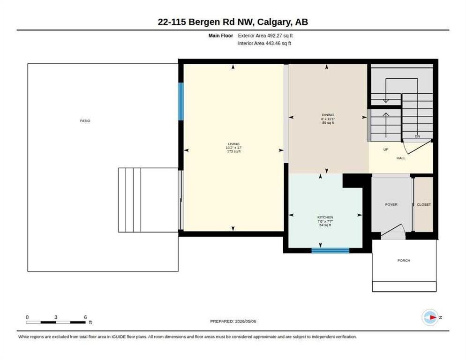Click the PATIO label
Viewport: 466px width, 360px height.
85,120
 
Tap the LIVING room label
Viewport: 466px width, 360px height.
233,144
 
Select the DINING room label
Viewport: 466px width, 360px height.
328,115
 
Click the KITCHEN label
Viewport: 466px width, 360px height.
325,217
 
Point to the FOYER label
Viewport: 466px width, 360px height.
391,204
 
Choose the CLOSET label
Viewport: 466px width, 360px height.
424,204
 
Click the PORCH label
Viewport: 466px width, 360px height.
404,261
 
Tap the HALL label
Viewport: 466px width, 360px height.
401,158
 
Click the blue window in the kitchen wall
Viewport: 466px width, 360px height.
330,251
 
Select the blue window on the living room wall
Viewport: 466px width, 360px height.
180,101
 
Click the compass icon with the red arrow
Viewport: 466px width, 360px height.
430,317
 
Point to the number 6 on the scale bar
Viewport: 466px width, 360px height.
85,317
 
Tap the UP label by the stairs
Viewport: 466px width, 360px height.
386,150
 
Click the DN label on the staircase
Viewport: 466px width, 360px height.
417,136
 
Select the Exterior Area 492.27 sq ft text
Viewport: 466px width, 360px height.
265,36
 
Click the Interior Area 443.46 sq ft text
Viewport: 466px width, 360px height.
264,44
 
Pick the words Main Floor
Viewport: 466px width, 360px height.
220,36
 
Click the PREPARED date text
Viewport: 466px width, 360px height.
233,322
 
